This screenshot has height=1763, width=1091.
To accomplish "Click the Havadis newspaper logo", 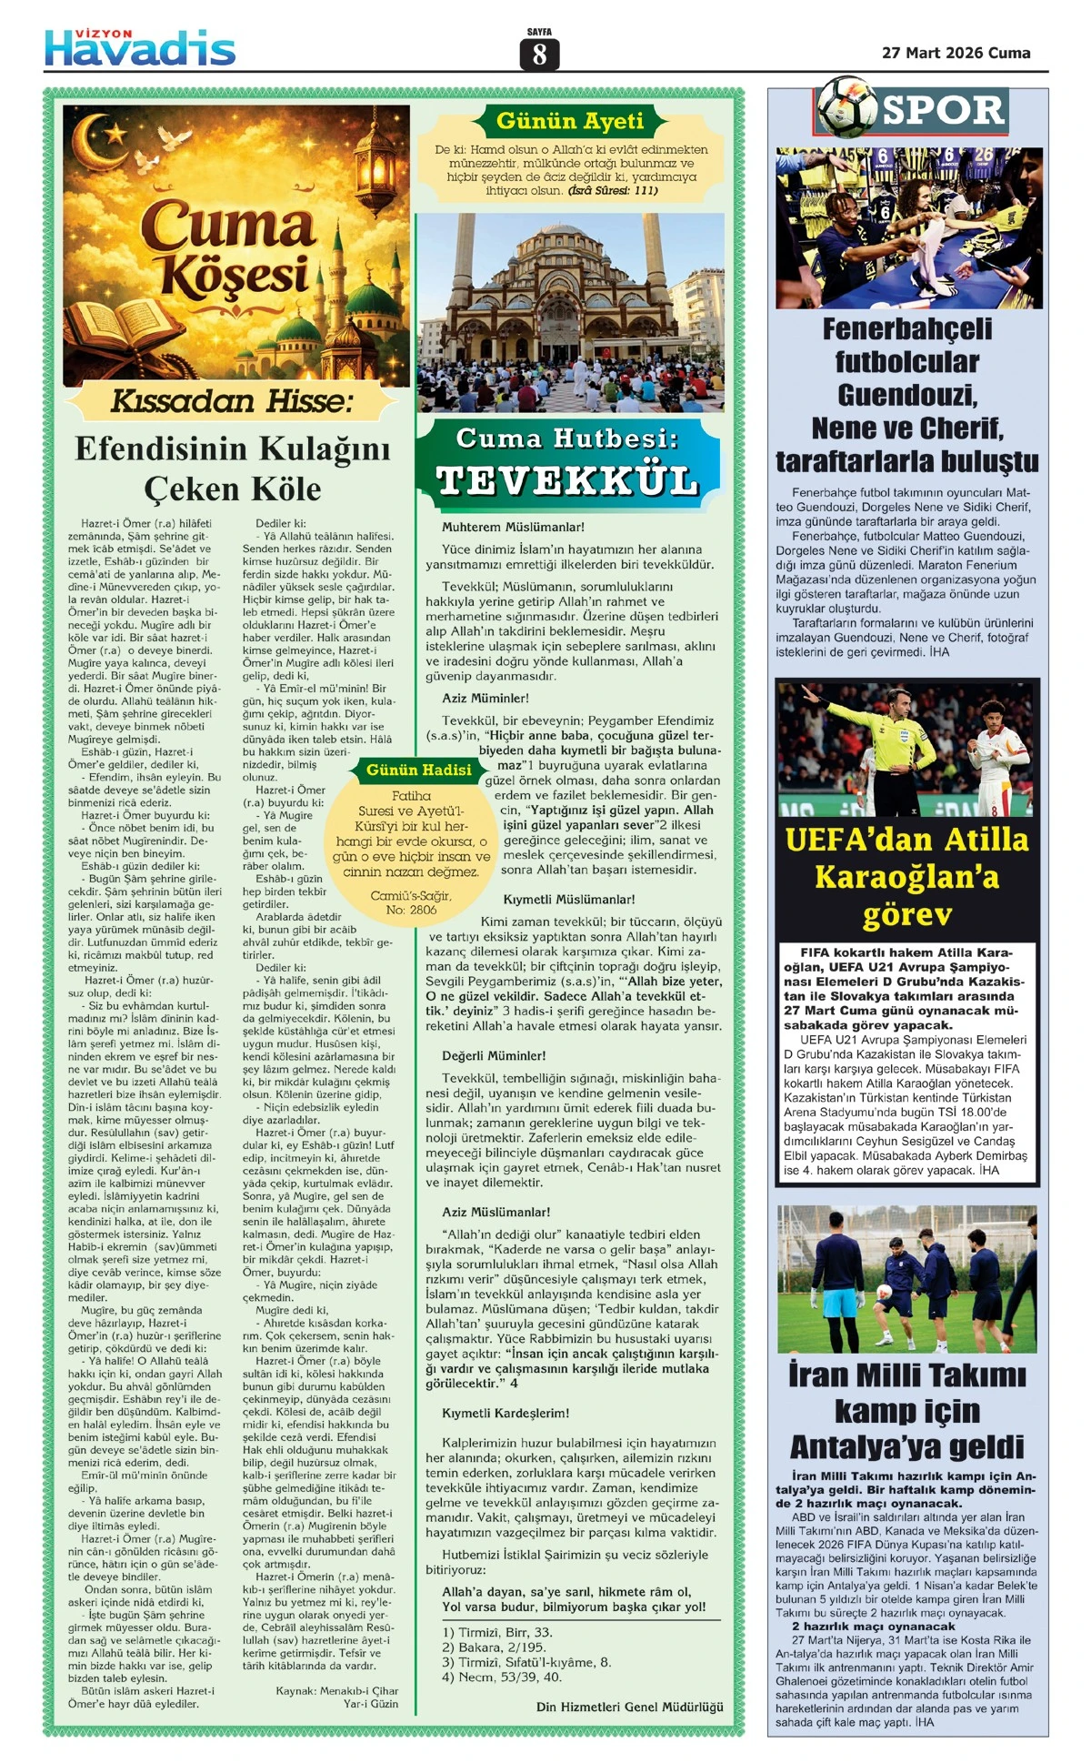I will tap(140, 46).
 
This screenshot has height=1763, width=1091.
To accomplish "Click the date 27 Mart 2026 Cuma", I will tap(956, 53).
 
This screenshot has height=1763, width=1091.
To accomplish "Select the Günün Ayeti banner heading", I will tap(570, 121).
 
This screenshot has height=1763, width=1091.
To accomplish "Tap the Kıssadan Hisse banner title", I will tap(232, 400).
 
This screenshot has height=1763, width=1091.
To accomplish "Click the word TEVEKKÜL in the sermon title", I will tap(566, 479).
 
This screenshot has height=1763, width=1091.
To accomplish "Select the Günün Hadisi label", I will tap(419, 770).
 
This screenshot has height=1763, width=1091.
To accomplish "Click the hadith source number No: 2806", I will tap(411, 909).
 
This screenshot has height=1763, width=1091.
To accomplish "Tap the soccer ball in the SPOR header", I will tap(846, 107).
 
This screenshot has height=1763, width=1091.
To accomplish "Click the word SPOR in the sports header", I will tap(943, 110).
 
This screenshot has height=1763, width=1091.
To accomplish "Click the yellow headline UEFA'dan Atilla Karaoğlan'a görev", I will tap(906, 876).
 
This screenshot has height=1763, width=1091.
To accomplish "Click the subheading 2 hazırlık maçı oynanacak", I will tap(873, 1626).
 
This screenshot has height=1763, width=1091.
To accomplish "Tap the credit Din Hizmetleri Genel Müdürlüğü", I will tap(629, 1707).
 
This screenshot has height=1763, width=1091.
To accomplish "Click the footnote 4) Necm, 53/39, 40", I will tap(502, 1676).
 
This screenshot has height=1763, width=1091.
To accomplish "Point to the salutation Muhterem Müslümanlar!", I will tap(513, 527).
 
